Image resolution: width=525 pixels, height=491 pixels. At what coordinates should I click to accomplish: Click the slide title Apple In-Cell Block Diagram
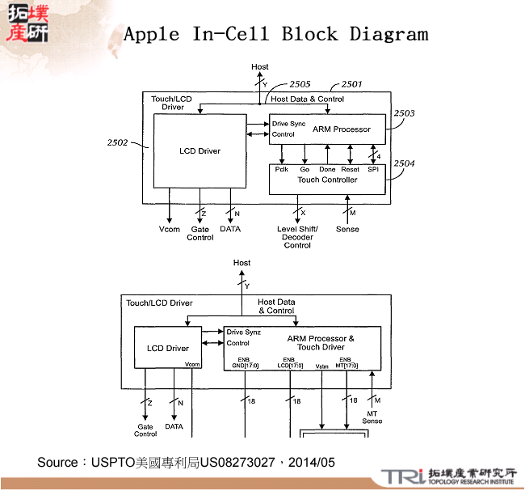275,34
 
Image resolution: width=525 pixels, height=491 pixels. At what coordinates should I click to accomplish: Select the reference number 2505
300,84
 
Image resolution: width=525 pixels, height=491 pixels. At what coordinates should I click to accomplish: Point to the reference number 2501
351,84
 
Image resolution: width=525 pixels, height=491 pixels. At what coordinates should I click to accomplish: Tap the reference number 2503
405,113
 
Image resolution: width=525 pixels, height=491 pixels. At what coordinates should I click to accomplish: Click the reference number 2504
405,163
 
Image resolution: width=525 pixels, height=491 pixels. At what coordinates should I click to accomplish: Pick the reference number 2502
117,142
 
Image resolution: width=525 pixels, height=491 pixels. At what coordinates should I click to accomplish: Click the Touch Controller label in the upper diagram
327,180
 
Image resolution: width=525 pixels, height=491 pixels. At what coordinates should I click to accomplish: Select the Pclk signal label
282,169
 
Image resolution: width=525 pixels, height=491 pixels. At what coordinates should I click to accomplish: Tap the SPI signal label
373,169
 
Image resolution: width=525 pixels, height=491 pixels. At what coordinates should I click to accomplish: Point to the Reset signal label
350,169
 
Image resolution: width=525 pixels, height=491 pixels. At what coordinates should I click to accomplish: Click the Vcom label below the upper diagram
169,230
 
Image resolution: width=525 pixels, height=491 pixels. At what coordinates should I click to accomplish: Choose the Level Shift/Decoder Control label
297,237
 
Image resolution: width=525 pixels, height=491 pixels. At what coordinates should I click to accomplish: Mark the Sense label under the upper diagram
347,230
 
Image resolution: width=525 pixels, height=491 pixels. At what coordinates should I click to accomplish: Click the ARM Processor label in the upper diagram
341,129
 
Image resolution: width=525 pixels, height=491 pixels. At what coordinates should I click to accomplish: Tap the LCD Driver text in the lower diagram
167,349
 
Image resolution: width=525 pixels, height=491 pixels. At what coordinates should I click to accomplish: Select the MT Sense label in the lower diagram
372,417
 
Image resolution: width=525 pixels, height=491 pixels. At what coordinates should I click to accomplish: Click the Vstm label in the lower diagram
322,366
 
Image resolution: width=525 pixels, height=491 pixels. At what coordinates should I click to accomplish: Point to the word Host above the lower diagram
241,263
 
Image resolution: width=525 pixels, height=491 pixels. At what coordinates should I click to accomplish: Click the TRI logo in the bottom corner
401,476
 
